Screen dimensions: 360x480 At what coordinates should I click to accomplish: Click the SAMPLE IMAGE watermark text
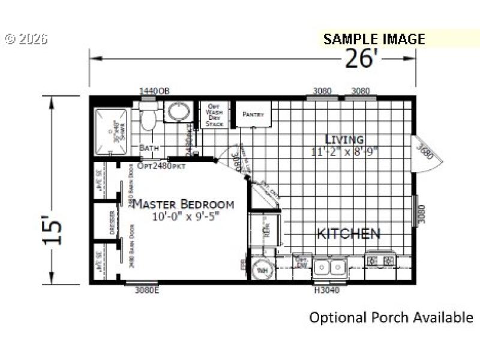point(374,40)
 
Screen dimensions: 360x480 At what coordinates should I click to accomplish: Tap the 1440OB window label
point(154,91)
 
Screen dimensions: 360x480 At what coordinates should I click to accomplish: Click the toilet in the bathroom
point(148,116)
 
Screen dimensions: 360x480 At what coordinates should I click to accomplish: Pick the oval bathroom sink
point(176,112)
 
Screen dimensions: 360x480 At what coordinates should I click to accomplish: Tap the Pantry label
point(253,114)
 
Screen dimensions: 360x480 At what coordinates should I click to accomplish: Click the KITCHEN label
point(348,233)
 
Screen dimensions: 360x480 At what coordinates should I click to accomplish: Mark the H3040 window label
point(328,290)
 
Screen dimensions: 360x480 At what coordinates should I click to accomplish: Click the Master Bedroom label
point(183,204)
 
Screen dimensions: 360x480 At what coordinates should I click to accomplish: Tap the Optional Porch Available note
point(391,317)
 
